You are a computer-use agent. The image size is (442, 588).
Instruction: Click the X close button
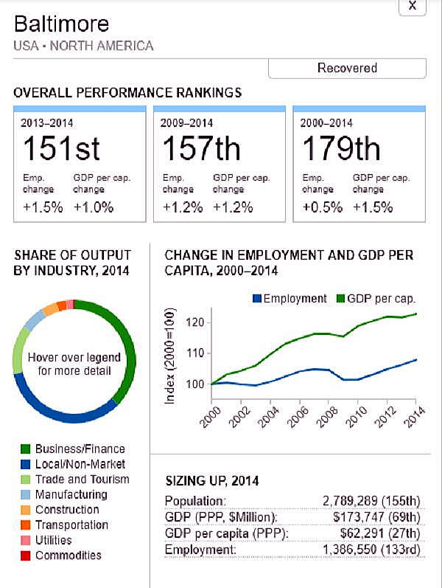pos(412,6)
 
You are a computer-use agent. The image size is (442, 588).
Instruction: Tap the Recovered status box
pos(347,68)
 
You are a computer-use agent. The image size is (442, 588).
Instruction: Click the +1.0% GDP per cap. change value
pos(94,207)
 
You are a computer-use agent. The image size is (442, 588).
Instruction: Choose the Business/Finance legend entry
pos(80,449)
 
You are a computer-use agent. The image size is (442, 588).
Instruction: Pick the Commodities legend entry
pos(68,556)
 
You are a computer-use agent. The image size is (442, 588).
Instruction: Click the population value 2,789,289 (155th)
pos(371,502)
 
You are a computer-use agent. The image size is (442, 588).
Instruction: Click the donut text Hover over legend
pos(74,358)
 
